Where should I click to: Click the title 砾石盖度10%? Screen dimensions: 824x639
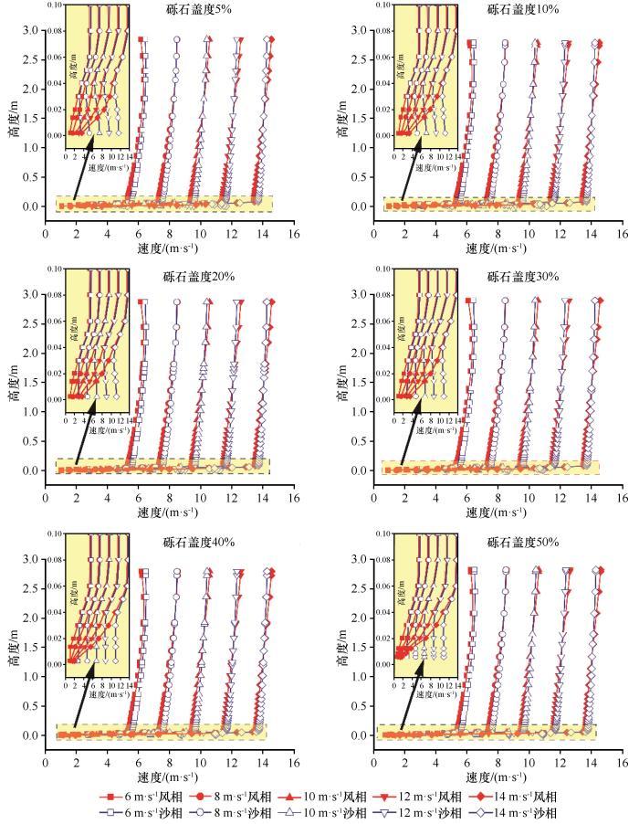522,13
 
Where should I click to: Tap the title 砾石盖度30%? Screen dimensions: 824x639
522,277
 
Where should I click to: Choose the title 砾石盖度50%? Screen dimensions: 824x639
522,542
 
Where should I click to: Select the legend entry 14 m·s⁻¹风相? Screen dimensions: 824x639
513,797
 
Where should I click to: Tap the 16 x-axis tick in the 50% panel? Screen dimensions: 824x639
621,760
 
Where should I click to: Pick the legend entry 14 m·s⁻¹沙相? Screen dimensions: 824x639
513,812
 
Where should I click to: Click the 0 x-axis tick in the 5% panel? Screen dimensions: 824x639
46,232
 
